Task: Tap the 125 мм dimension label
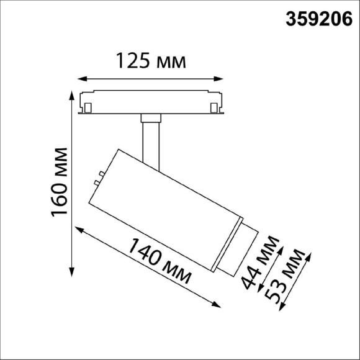pos(151,61)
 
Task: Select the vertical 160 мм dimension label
pos(59,181)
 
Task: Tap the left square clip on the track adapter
pos(89,109)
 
